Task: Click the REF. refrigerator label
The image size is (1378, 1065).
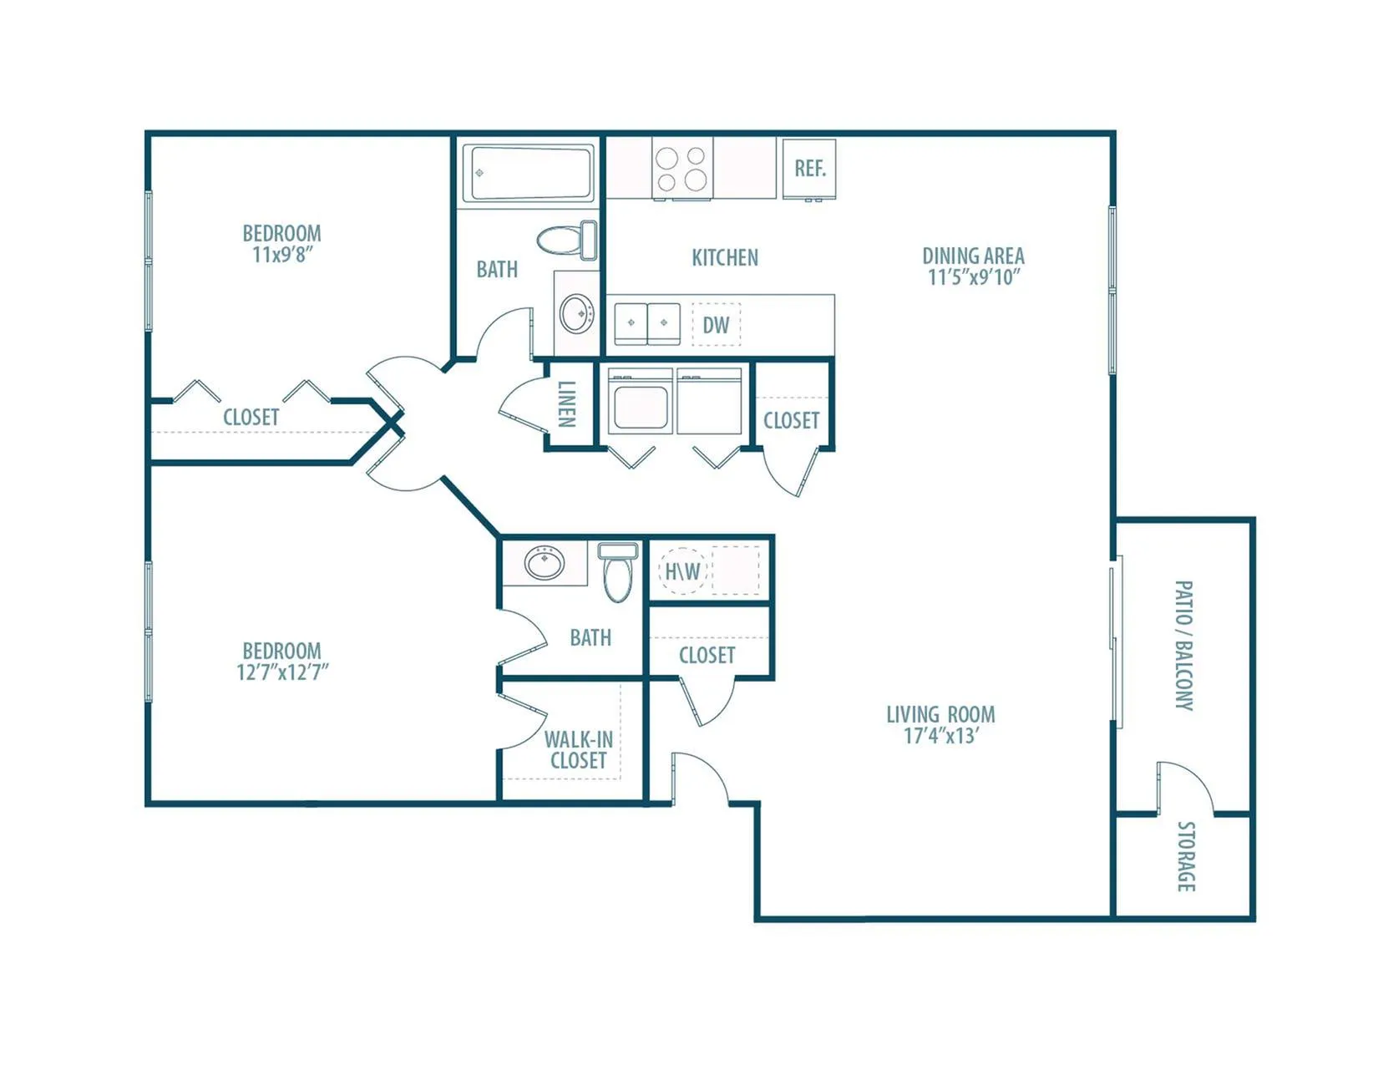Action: pos(810,168)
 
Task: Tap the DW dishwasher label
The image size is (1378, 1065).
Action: pos(716,326)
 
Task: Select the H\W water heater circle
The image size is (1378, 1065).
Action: pos(682,571)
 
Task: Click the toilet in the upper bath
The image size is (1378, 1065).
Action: pos(568,240)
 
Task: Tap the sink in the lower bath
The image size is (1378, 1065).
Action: pos(544,562)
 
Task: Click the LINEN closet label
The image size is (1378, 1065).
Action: pos(567,404)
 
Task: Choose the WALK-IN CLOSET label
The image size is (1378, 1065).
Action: pos(578,750)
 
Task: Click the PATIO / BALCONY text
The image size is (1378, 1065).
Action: pos(1184,646)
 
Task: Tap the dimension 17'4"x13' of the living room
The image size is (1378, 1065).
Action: pos(940,736)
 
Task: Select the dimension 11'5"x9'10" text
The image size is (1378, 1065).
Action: pos(974,277)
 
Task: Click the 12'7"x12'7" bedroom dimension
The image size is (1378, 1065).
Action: pos(282,672)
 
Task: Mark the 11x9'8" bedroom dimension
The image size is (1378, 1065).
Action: pos(283,255)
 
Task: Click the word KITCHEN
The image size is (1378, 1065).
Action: pos(725,257)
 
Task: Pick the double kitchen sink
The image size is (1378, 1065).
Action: pos(647,323)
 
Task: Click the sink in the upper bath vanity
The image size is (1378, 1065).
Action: pos(576,312)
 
